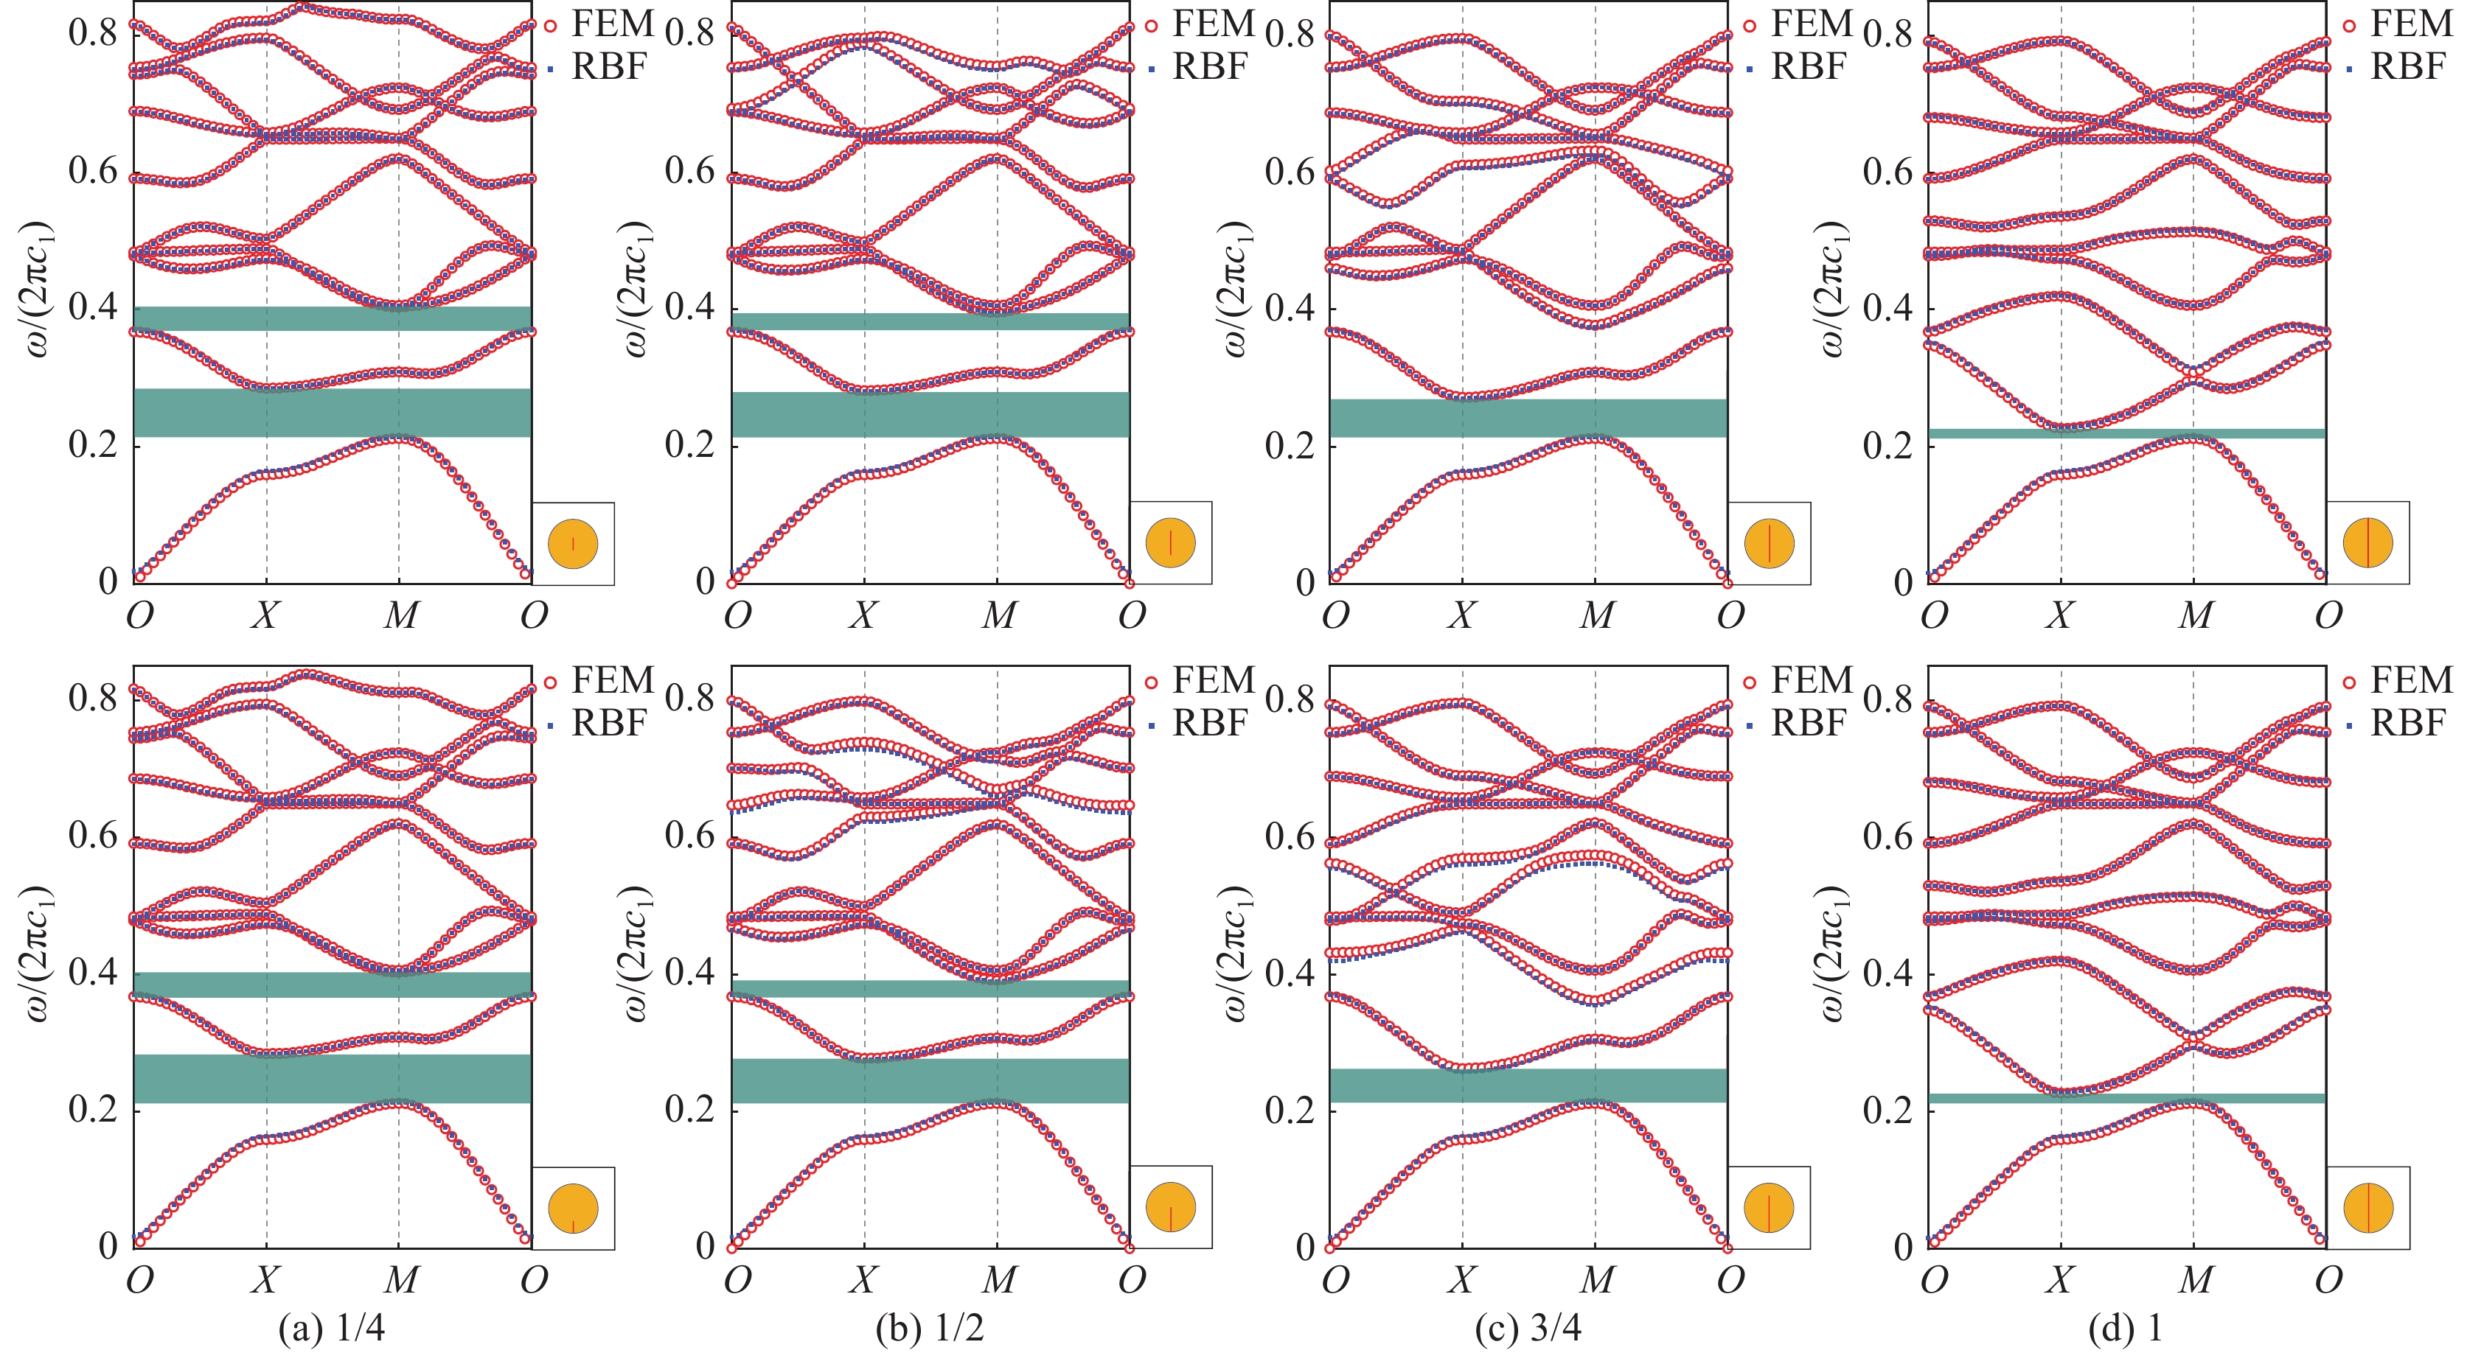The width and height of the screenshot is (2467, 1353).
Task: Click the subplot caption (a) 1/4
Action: click(x=331, y=1328)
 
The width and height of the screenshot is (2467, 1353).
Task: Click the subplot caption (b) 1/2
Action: click(x=929, y=1328)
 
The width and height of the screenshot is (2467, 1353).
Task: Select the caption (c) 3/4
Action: click(x=1528, y=1328)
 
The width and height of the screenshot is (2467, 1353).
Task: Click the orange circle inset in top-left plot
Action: click(x=573, y=544)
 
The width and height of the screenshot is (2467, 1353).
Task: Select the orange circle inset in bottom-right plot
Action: click(x=2367, y=1209)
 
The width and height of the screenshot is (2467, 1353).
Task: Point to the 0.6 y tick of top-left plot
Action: click(x=93, y=172)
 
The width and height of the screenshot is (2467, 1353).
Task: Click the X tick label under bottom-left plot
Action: click(x=265, y=1280)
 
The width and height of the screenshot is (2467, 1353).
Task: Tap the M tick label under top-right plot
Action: click(x=2194, y=615)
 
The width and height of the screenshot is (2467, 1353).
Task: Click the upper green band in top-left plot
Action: click(x=331, y=318)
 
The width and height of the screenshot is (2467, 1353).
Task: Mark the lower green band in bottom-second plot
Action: click(x=929, y=1080)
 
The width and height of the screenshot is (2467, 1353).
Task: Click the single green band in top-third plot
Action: click(x=1528, y=418)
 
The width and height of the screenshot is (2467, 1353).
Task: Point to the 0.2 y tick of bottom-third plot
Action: click(x=1289, y=1110)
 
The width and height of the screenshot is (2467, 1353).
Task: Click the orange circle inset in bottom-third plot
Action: click(x=1769, y=1209)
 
